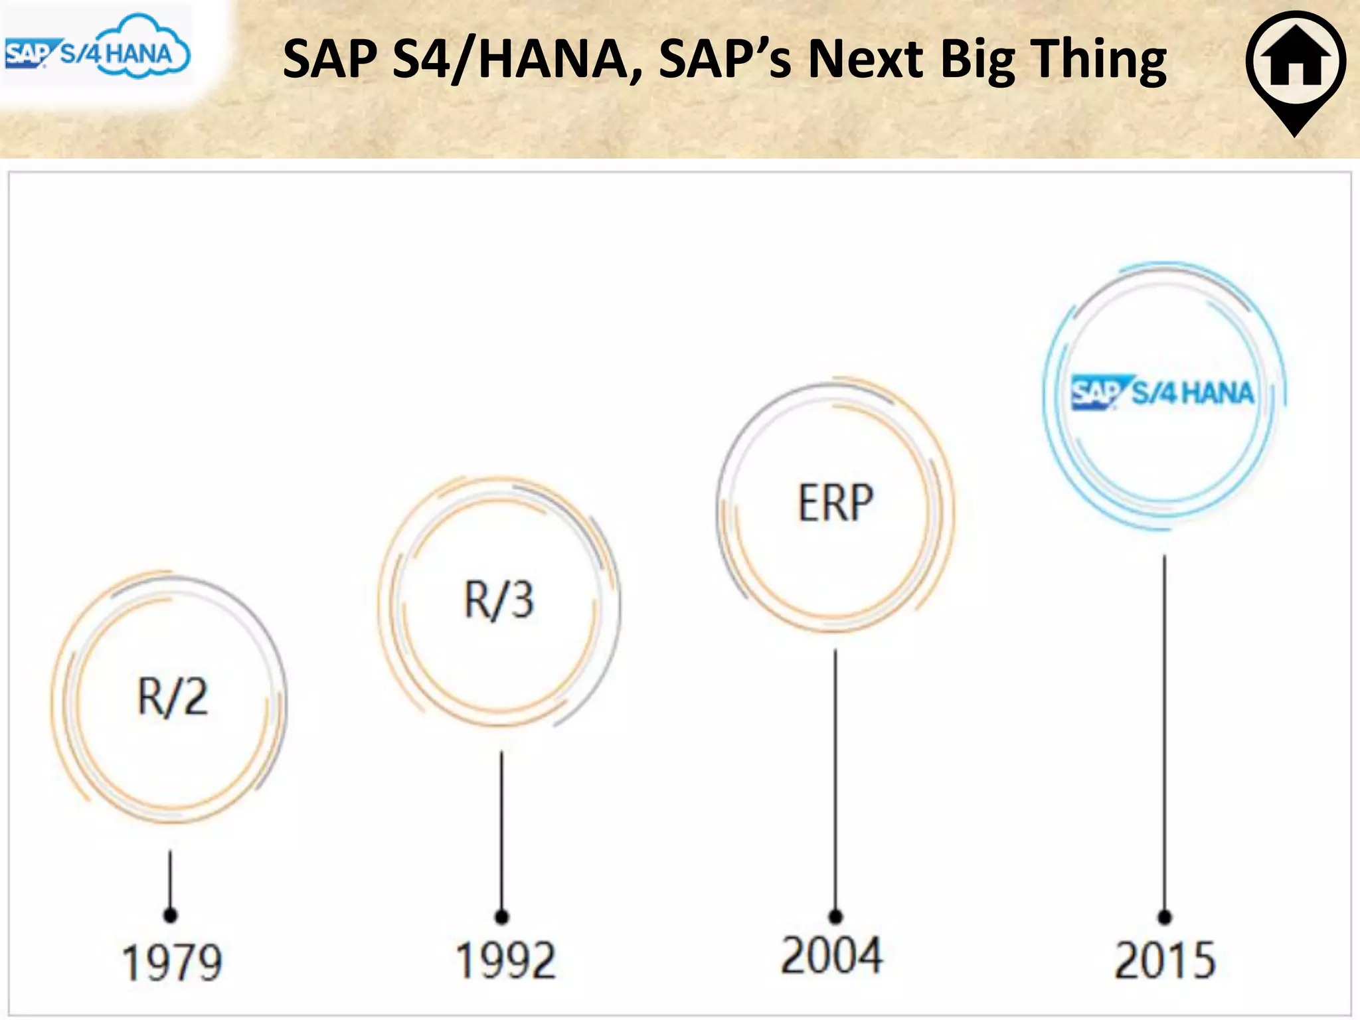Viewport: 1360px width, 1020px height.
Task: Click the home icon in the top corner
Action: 1296,61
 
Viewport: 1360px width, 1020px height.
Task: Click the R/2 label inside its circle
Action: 173,697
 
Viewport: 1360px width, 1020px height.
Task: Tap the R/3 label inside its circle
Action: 499,600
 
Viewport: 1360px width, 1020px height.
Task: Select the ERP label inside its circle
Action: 835,503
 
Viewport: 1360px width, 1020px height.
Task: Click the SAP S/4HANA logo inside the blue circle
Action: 1162,392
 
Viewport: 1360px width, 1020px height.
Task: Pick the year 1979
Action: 172,962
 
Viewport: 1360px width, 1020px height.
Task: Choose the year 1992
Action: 505,960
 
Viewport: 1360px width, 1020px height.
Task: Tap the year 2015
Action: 1165,960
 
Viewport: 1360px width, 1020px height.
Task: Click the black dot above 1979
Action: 171,915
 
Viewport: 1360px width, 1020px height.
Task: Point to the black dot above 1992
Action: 502,917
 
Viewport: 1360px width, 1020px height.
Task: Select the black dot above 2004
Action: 835,917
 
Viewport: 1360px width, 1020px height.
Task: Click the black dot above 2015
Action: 1165,917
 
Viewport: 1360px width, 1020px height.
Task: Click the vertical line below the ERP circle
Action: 835,777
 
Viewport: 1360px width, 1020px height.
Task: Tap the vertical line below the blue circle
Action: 1165,730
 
